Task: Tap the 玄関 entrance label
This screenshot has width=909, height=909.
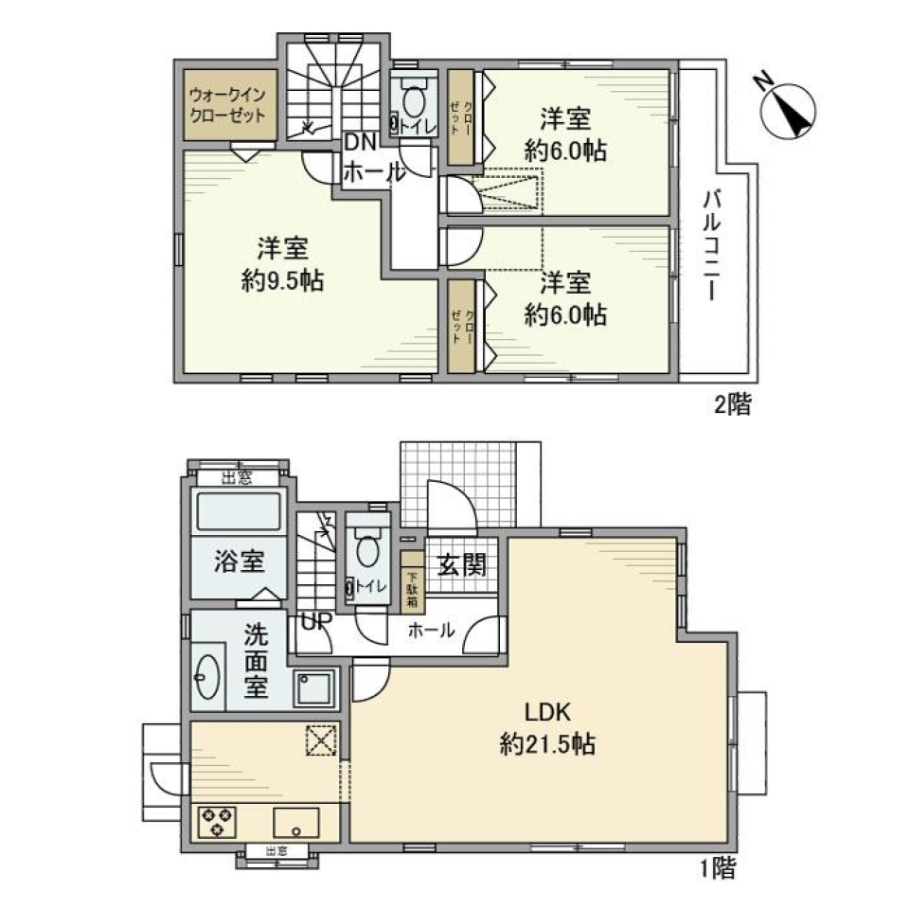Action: click(461, 565)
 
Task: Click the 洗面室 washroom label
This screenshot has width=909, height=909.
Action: click(255, 660)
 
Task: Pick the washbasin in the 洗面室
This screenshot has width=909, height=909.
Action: click(209, 677)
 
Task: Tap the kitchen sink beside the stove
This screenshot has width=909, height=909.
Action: click(300, 821)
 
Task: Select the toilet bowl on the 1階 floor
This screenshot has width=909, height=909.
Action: click(367, 548)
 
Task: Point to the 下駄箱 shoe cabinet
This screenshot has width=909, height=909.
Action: click(413, 589)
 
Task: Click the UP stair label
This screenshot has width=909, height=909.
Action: click(314, 623)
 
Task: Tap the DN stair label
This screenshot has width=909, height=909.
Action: click(360, 143)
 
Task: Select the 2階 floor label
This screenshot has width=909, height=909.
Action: click(732, 407)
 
